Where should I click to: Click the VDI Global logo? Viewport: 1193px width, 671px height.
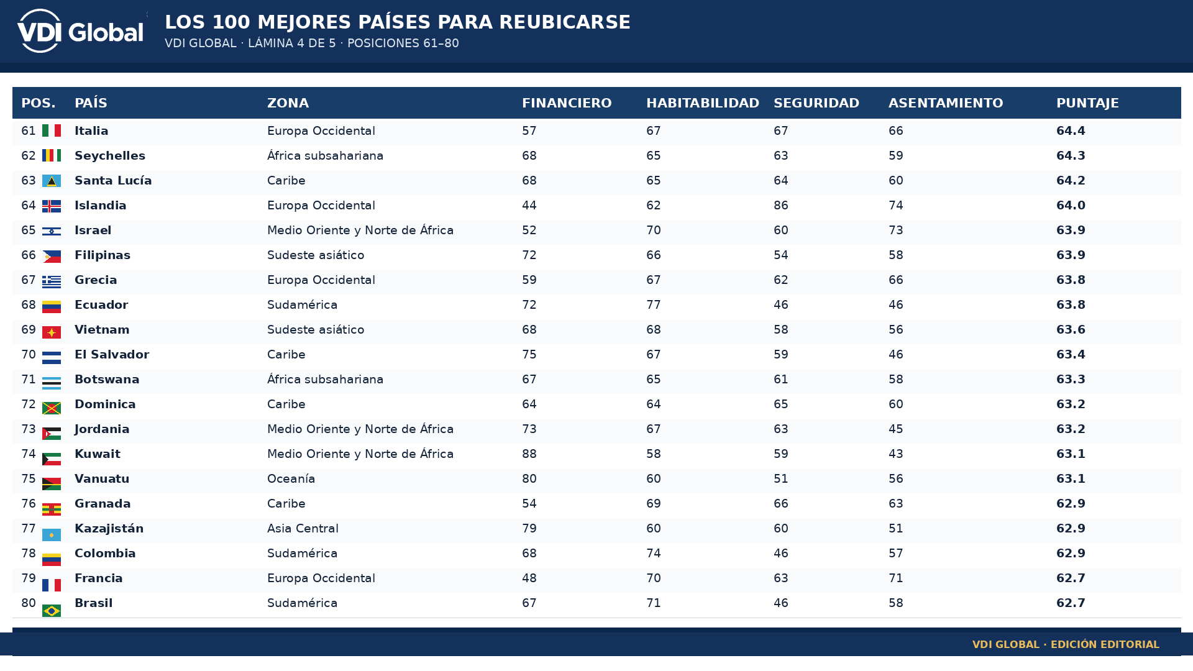coord(81,31)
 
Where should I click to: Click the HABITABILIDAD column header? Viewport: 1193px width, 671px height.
coord(703,103)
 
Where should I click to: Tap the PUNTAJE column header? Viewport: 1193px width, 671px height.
coord(1087,103)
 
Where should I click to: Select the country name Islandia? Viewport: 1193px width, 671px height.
coord(101,206)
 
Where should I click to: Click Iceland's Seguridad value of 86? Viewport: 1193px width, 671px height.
coord(781,206)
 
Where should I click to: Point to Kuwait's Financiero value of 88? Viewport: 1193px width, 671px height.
coord(529,454)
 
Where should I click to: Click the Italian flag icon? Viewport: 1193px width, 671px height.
coord(52,130)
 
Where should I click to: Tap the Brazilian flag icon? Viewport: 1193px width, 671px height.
coord(52,611)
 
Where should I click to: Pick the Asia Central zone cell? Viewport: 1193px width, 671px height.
coord(303,529)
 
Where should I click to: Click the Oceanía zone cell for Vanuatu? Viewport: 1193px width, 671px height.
coord(291,479)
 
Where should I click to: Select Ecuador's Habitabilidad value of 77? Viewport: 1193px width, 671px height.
coord(654,305)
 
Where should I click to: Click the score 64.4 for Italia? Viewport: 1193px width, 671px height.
coord(1071,131)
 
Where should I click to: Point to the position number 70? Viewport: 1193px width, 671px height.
coord(29,355)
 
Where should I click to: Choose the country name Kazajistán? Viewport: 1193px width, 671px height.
coord(109,529)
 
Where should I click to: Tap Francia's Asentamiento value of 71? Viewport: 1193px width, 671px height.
coord(896,578)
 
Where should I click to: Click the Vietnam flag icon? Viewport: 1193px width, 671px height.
coord(52,332)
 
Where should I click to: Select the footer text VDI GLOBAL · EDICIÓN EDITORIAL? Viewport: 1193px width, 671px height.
coord(1066,644)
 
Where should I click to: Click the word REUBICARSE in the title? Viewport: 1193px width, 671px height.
coord(565,22)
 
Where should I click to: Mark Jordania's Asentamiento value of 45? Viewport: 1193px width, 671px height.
coord(896,429)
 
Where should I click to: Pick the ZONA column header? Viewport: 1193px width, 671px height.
coord(288,103)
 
